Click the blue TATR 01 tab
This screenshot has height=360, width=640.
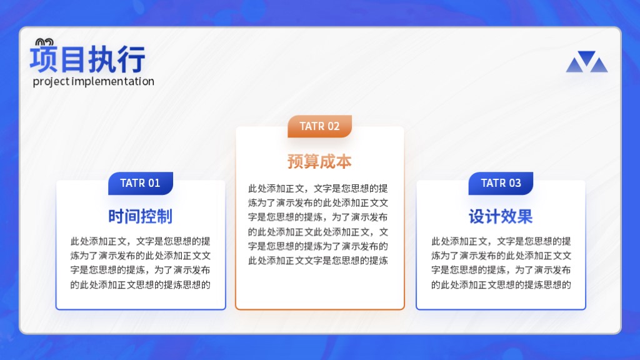141,183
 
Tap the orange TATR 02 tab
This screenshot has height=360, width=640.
319,126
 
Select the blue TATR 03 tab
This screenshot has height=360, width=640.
501,183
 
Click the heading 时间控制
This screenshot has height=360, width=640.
141,216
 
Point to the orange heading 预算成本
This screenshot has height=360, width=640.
319,162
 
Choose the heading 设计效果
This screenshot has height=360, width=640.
501,216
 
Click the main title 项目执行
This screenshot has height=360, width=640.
87,59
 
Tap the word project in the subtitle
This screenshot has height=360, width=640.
51,82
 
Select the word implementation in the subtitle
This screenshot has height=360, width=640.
113,82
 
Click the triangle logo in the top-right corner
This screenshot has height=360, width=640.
587,62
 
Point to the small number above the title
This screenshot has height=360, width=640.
44,42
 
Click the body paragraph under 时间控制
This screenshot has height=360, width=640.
141,263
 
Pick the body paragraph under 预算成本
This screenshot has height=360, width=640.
318,224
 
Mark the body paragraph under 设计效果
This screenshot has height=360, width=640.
501,263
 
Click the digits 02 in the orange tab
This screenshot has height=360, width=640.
333,126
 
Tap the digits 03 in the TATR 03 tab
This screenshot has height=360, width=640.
515,183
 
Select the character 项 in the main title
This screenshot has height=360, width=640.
44,59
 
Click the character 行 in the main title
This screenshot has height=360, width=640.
131,59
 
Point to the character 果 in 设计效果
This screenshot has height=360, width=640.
525,216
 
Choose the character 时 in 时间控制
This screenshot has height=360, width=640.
116,216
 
